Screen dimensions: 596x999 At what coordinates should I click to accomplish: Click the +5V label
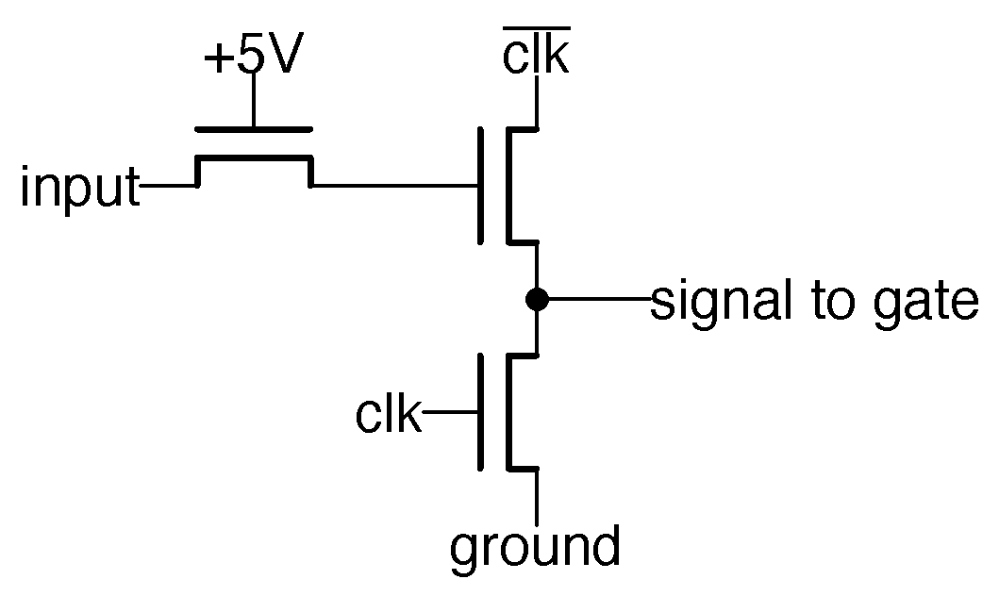point(253,58)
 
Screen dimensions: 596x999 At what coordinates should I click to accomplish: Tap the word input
point(79,189)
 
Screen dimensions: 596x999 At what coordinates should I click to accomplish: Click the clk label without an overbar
point(388,414)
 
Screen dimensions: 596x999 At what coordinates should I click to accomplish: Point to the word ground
point(535,548)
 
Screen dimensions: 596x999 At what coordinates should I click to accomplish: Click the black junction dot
point(537,300)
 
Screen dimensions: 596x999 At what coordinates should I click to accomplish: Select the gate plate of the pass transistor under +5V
point(253,129)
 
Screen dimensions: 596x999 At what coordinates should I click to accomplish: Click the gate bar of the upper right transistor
point(481,185)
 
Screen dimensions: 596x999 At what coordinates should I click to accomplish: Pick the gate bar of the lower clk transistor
point(481,412)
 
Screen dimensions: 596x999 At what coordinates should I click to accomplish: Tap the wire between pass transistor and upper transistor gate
point(396,186)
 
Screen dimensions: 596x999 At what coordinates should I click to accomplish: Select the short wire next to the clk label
point(451,412)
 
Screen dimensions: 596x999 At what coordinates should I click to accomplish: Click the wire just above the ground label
point(537,495)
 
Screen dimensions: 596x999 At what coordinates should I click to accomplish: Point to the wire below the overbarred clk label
point(537,102)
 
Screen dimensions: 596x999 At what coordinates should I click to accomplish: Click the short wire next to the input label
point(168,186)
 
